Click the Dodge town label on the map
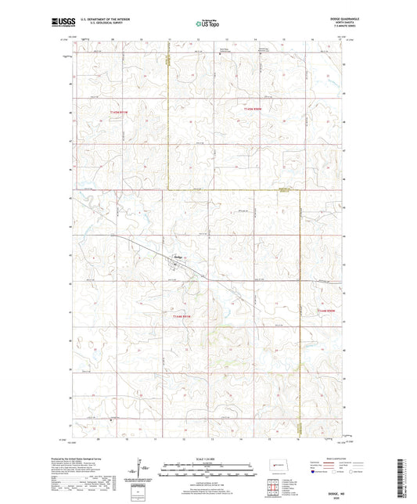point(178,256)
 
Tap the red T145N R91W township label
point(117,112)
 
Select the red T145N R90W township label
point(247,112)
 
